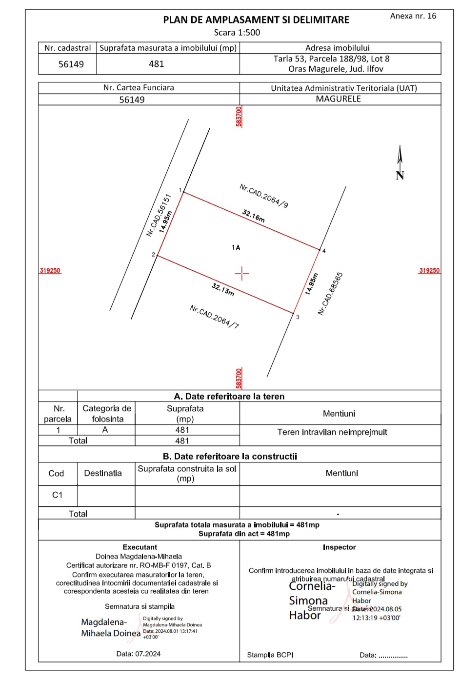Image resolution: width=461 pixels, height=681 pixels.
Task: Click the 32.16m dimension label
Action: [254, 216]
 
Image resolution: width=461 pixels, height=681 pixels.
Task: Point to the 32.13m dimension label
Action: [223, 289]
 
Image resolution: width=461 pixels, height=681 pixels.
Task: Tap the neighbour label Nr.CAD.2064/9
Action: [263, 196]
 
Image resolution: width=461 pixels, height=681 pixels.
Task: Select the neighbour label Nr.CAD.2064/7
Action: [214, 317]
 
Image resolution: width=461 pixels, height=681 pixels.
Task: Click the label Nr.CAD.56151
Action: [159, 215]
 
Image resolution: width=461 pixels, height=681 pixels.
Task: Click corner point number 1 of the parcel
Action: [183, 192]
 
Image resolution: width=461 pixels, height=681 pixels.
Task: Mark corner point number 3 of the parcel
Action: [294, 313]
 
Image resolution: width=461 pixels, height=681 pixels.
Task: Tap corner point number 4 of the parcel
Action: [320, 249]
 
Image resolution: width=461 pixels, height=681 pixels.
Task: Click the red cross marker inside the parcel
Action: [242, 273]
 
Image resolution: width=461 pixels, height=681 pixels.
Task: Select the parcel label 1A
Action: [236, 248]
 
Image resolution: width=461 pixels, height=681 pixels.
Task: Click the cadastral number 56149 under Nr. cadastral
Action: [71, 64]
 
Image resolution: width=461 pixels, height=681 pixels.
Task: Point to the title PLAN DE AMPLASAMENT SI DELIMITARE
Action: [256, 20]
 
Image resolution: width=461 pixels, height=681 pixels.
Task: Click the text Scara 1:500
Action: [237, 33]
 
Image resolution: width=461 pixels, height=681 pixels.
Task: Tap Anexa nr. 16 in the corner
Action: [413, 16]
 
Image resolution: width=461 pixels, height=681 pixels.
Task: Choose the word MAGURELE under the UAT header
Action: [338, 99]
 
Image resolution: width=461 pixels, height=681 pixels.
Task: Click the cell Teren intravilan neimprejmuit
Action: [332, 432]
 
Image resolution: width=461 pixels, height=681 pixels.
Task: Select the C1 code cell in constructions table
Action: [58, 495]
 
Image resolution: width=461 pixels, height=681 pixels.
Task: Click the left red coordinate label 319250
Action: [50, 271]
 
